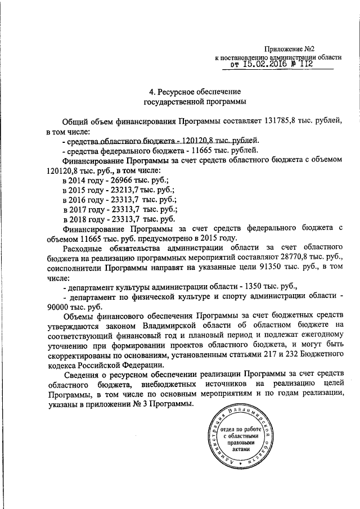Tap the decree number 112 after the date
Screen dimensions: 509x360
click(x=303, y=65)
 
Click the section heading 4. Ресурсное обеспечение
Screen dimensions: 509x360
click(x=194, y=91)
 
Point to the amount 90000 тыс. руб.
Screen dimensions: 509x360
click(x=68, y=308)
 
